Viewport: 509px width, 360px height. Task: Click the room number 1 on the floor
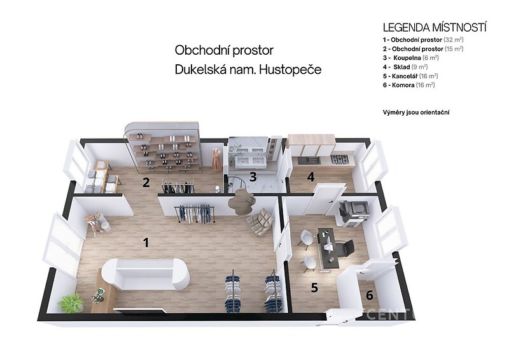coord(146,242)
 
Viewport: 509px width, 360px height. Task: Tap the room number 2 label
coord(146,183)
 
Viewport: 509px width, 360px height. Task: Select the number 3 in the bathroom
coord(253,177)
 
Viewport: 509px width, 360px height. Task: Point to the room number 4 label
coord(311,177)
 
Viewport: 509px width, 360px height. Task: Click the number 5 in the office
coord(314,287)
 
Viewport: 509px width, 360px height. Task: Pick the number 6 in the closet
coord(370,295)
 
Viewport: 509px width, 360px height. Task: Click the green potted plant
coord(71,303)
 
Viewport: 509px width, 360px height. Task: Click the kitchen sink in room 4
coord(309,160)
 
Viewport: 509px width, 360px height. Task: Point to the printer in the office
coord(354,212)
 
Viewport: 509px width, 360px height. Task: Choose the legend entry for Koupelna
coord(410,58)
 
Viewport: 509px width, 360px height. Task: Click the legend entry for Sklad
coord(405,67)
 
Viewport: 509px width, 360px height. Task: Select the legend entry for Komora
coord(408,85)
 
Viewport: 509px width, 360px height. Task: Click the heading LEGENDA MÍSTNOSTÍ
coord(435,27)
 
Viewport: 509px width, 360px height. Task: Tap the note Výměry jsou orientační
coord(416,113)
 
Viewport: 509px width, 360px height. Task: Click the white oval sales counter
coord(146,275)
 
